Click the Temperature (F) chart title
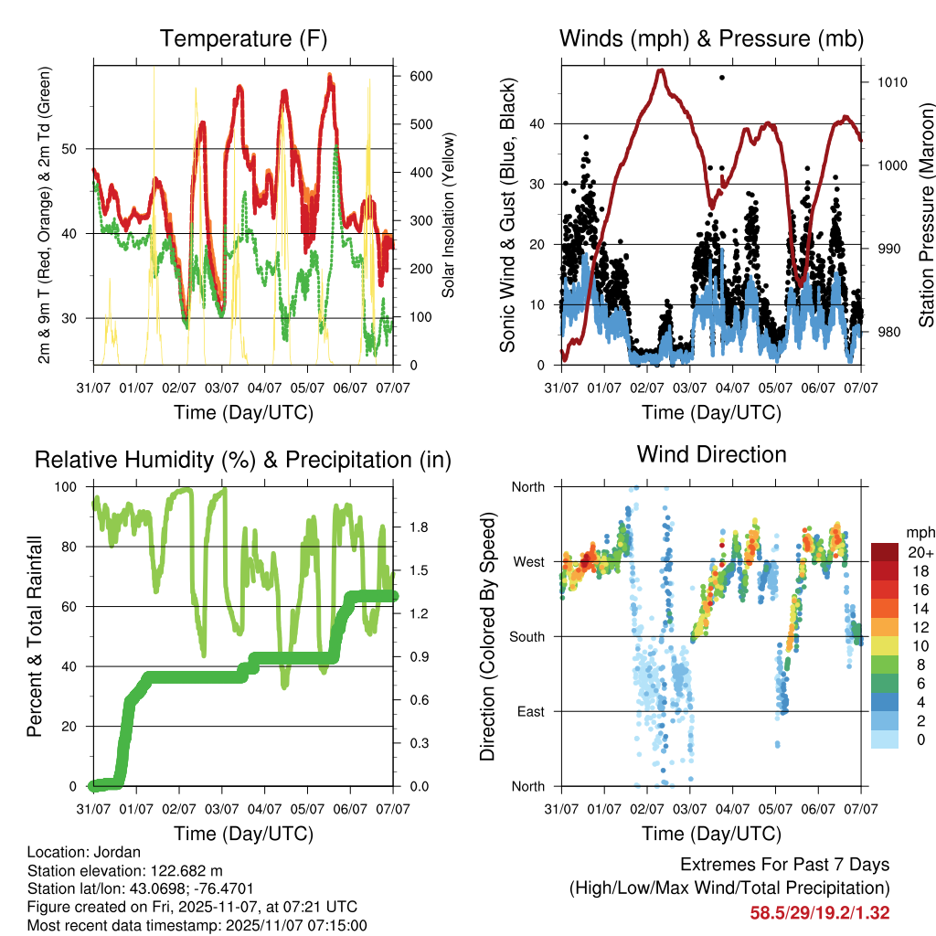[x=243, y=38]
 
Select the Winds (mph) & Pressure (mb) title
[x=711, y=38]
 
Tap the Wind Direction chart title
[x=711, y=453]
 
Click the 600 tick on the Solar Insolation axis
[x=420, y=77]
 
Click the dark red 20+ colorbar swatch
[x=885, y=552]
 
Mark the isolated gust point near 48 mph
[x=722, y=78]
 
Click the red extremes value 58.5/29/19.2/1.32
[x=820, y=912]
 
